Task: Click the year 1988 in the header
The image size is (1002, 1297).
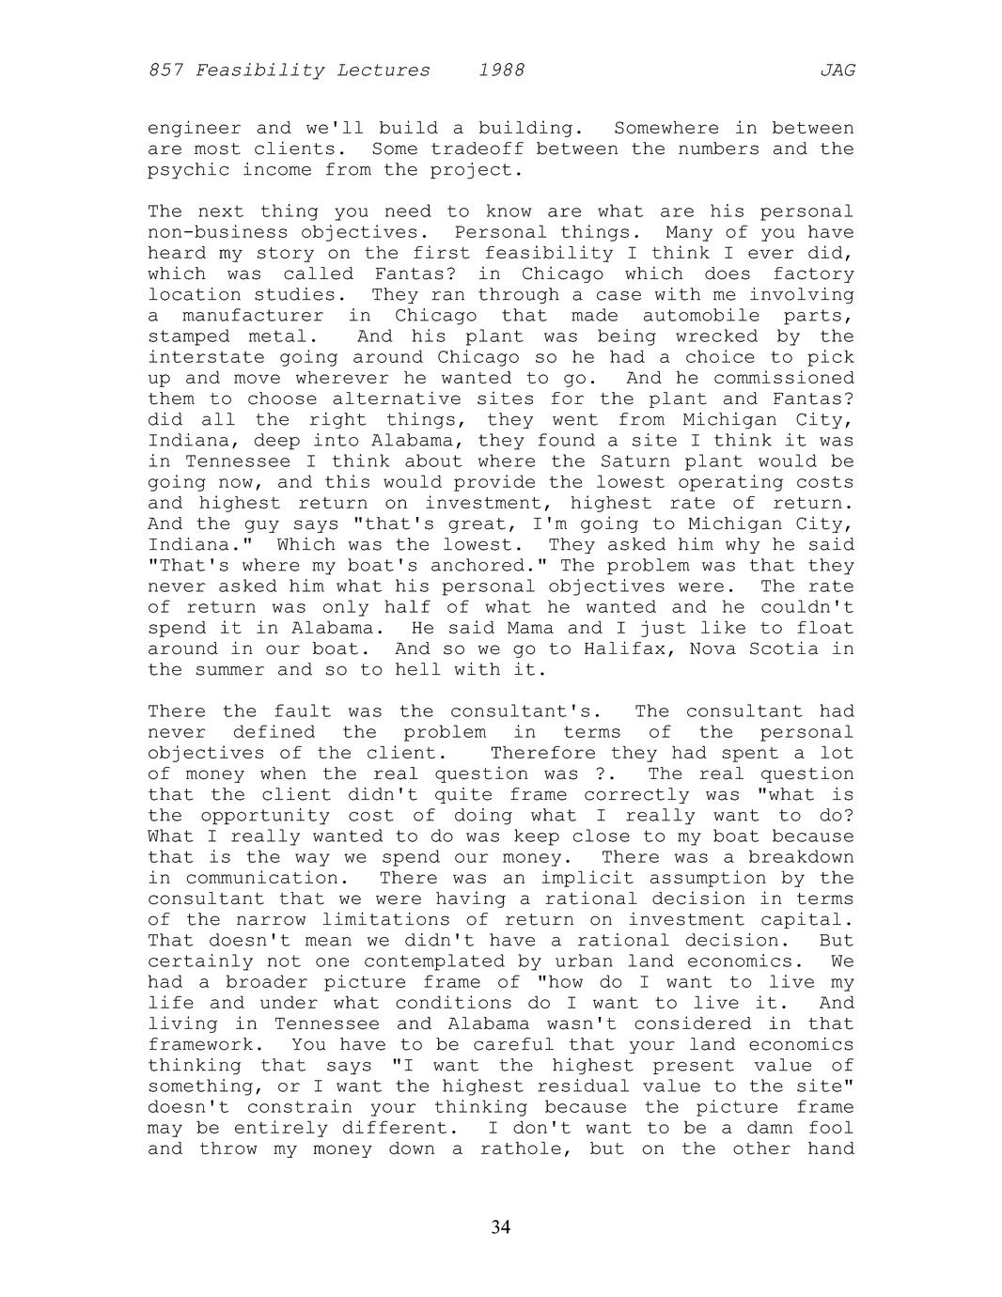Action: click(501, 70)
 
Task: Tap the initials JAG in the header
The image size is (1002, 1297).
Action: click(837, 70)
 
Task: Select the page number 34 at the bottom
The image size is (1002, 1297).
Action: click(501, 1227)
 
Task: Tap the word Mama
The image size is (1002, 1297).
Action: click(543, 628)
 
